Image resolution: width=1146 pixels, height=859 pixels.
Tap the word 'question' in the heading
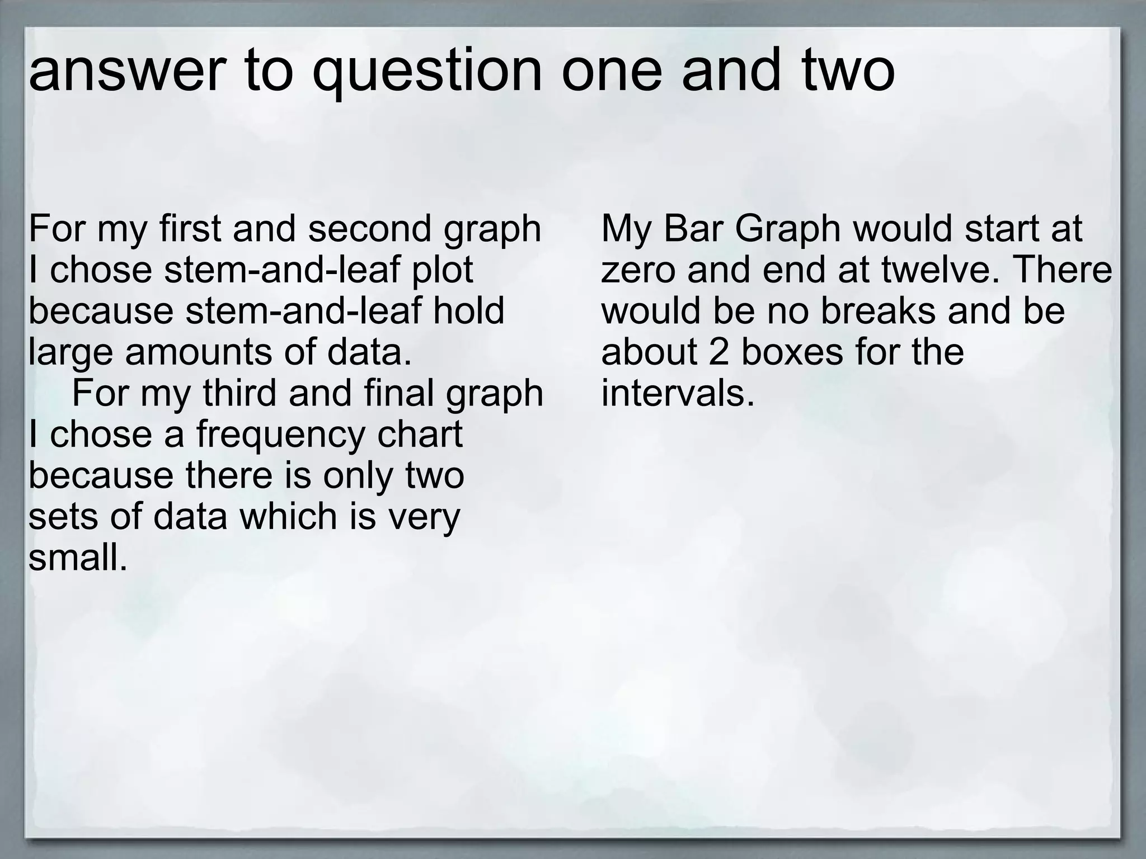(427, 73)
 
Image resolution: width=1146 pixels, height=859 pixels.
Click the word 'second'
(369, 229)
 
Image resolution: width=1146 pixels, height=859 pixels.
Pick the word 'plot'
(443, 270)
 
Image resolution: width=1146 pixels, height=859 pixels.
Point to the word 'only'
(361, 475)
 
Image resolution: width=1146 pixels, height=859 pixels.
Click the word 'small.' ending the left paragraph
(78, 557)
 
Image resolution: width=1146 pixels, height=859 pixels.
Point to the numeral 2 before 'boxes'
(718, 352)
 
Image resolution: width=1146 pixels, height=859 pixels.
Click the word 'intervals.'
(678, 393)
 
